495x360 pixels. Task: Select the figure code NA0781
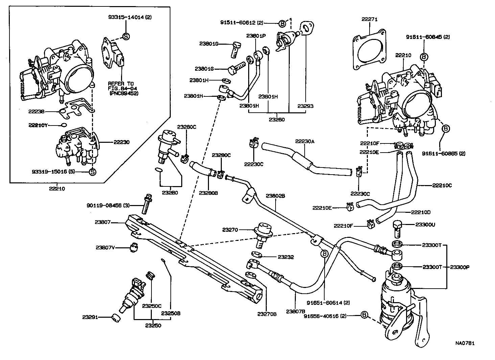coord(465,343)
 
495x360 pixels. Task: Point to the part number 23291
coord(90,317)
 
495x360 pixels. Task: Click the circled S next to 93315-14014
coord(125,36)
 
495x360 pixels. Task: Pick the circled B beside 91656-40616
coord(364,315)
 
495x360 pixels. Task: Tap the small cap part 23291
coord(116,318)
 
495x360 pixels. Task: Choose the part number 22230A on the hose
coord(305,141)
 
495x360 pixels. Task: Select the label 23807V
coord(105,248)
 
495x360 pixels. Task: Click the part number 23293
coord(305,106)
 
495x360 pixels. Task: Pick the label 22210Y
coord(39,125)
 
